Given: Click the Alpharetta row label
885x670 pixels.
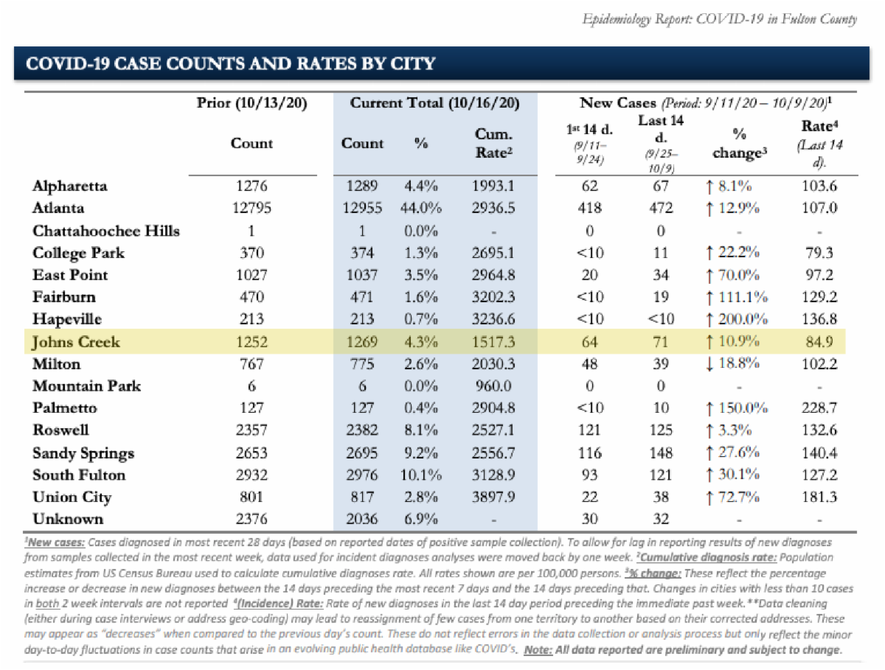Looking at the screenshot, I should pyautogui.click(x=70, y=186).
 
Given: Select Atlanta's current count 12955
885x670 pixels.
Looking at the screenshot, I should pyautogui.click(x=362, y=208).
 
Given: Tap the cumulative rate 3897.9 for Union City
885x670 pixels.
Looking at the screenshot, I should pyautogui.click(x=494, y=497).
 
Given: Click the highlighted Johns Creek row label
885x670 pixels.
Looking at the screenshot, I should pyautogui.click(x=76, y=341).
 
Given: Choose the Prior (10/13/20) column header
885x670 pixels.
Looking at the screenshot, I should pyautogui.click(x=251, y=102).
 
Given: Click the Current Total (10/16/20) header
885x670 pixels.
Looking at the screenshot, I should pyautogui.click(x=434, y=102).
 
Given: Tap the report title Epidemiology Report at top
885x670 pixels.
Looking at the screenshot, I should pyautogui.click(x=719, y=19).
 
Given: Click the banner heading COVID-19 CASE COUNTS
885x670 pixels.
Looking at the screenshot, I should pyautogui.click(x=230, y=63).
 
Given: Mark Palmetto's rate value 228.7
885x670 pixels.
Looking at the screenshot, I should pyautogui.click(x=819, y=408).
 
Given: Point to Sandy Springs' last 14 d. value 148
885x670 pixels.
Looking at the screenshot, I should pyautogui.click(x=662, y=453).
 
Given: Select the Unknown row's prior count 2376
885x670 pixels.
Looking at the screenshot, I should pyautogui.click(x=251, y=519).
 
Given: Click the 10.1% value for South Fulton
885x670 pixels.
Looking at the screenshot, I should pyautogui.click(x=420, y=475).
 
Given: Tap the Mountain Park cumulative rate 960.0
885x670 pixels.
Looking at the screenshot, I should pyautogui.click(x=494, y=385).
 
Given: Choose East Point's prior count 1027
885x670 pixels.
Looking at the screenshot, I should pyautogui.click(x=251, y=275).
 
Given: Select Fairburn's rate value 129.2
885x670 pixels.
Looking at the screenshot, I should pyautogui.click(x=819, y=297).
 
